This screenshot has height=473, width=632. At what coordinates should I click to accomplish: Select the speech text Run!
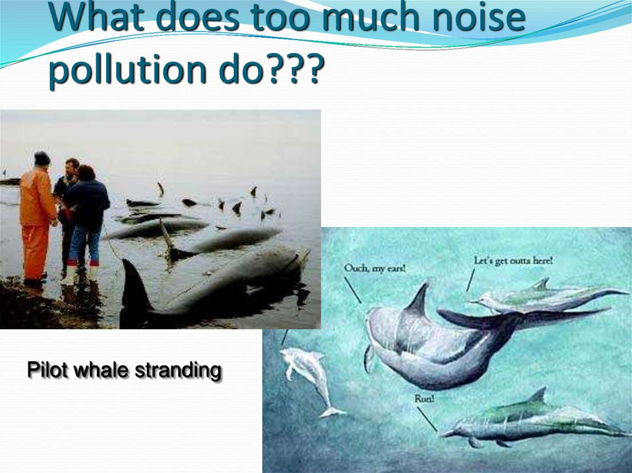click(x=425, y=399)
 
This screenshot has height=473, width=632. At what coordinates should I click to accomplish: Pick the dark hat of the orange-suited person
click(x=42, y=158)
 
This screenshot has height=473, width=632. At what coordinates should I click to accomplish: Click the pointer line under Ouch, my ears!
click(x=353, y=289)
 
